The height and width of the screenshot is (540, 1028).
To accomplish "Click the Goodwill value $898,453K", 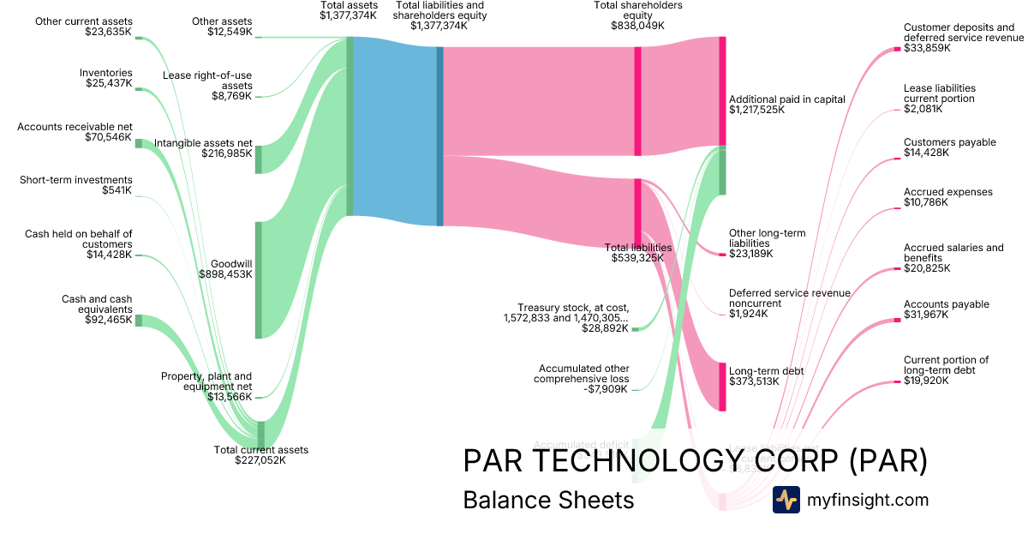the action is coord(226,274).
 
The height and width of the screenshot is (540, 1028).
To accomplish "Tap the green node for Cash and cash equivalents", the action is coord(139,321).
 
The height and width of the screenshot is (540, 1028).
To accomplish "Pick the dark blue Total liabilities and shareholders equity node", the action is coord(440,135).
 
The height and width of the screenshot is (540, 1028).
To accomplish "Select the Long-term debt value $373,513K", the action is coord(754,381).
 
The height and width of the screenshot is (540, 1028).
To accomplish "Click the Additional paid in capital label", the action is coord(786,99).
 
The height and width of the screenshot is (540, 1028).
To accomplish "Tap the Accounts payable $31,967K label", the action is coord(946,309).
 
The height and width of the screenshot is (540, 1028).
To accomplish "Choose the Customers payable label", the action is coord(949,142).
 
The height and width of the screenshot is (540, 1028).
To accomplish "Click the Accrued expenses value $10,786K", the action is coord(926,203).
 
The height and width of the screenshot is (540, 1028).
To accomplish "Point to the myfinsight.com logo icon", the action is coord(786,500).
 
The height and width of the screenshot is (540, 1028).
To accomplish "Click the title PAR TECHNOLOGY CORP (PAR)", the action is coord(695,461).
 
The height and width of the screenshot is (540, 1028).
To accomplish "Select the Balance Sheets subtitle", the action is coord(548,501).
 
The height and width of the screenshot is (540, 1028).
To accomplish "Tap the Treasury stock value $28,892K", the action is coord(605,328).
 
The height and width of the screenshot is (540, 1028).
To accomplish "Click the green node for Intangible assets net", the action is coord(259,159).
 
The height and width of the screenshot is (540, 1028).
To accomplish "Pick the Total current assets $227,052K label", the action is coord(260,455).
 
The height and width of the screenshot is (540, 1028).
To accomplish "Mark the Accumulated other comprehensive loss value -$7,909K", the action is coord(605,389).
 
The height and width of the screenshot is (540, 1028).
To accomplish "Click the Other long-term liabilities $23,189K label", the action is coord(768,243).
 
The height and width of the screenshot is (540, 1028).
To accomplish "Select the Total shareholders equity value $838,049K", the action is coord(637,26).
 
